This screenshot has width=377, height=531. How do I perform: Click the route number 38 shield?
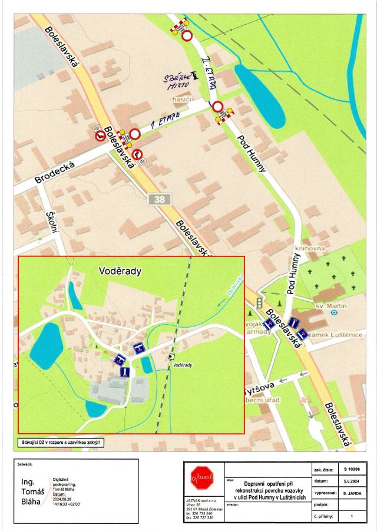click(x=160, y=199)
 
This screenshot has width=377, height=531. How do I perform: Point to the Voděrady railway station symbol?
click(x=171, y=356)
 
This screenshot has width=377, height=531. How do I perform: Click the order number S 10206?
click(x=352, y=470)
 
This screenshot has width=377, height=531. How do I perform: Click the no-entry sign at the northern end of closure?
click(x=187, y=36)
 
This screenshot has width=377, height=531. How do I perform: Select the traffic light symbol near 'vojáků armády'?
click(x=258, y=302)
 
